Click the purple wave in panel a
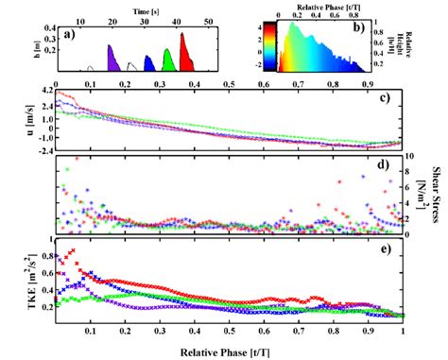point(112,60)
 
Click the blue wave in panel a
point(149,64)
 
